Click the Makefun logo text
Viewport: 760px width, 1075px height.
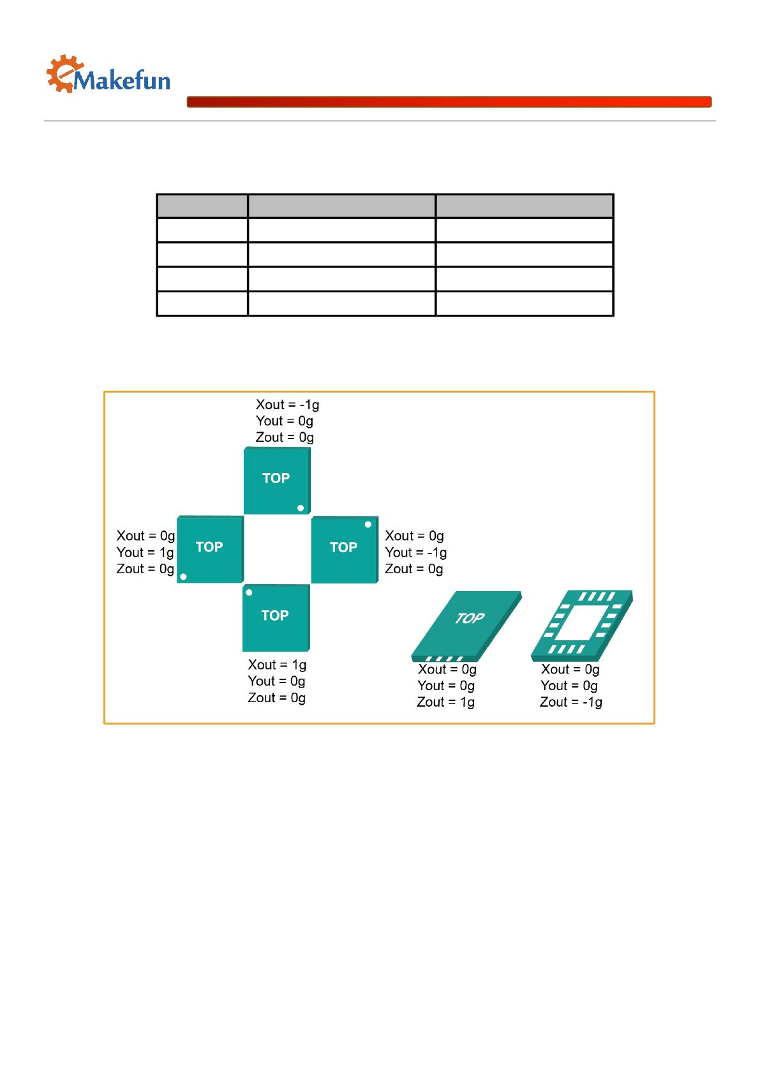tap(121, 81)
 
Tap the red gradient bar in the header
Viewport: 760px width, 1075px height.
tap(449, 101)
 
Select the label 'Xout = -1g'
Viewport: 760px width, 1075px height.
tap(287, 405)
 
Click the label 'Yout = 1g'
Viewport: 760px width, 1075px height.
tap(145, 552)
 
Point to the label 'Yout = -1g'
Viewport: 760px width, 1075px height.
tap(415, 552)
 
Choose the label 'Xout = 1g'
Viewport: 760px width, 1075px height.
tap(277, 665)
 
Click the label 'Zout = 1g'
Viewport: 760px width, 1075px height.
tap(445, 702)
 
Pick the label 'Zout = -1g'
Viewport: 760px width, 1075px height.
tap(570, 702)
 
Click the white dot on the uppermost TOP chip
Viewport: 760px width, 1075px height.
tap(301, 508)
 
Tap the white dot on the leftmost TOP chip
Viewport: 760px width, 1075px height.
tap(183, 576)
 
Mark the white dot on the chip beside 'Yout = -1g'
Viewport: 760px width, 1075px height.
tap(368, 524)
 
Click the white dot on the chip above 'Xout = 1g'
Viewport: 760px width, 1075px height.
tap(250, 592)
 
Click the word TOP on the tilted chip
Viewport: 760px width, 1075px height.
tap(470, 618)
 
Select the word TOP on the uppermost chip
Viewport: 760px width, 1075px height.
tap(276, 478)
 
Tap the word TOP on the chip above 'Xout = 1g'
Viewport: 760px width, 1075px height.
tap(275, 615)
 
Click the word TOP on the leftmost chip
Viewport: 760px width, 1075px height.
tap(209, 547)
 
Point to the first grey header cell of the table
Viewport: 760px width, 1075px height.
tap(202, 206)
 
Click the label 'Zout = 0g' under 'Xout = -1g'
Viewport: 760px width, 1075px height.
tap(285, 437)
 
